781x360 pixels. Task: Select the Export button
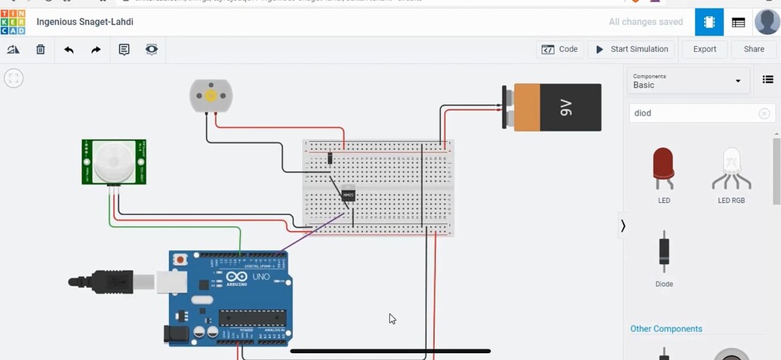pos(704,49)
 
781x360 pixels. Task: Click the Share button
pos(754,49)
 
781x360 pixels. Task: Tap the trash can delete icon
pos(41,50)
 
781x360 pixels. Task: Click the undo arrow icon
pos(69,50)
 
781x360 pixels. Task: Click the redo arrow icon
pos(96,50)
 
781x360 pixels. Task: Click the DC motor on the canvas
pos(211,96)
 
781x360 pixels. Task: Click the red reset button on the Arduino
pos(180,260)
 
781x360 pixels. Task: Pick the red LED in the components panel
pos(664,168)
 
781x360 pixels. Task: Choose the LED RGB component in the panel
pos(732,168)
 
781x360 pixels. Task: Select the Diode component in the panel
pos(664,252)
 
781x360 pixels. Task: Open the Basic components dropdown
pos(687,81)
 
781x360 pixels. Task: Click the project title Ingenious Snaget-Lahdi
pos(85,22)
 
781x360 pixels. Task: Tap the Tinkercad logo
pos(14,22)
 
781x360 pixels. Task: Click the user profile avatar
pos(767,22)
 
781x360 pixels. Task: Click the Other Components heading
pos(666,329)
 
